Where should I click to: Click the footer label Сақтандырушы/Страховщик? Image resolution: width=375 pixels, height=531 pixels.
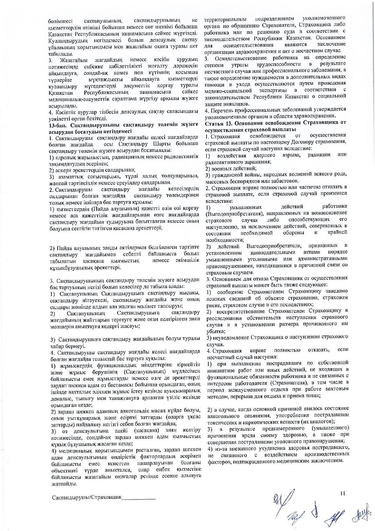(86, 497)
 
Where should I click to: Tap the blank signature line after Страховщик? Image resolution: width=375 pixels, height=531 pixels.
(139, 498)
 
